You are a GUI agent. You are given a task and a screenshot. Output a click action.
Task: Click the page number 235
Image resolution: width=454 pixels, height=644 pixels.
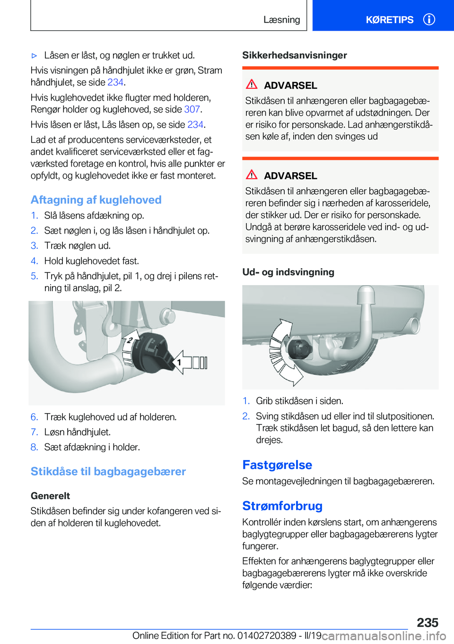click(x=428, y=622)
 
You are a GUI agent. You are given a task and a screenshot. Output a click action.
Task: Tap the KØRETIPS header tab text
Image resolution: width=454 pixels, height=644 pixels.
click(x=389, y=20)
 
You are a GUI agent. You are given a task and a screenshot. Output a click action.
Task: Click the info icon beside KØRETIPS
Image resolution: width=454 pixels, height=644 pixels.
click(x=429, y=19)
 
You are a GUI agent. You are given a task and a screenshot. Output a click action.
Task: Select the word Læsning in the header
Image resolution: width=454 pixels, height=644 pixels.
click(x=281, y=20)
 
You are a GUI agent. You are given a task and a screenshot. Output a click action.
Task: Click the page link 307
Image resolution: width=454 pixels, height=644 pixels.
click(x=192, y=109)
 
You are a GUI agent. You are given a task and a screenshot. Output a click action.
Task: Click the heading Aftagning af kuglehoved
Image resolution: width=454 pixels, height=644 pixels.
click(x=96, y=200)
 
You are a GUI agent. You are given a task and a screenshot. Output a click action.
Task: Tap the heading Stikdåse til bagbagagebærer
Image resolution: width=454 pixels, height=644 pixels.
click(x=108, y=471)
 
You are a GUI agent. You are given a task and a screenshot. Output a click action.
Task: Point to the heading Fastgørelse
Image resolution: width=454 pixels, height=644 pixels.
click(x=277, y=465)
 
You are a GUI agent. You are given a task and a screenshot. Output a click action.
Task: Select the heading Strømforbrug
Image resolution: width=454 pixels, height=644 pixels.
click(x=282, y=506)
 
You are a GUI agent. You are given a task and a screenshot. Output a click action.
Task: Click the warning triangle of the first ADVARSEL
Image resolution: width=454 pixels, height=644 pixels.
click(x=252, y=85)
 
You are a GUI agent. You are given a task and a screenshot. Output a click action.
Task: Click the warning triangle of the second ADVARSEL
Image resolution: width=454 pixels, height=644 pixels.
click(x=252, y=175)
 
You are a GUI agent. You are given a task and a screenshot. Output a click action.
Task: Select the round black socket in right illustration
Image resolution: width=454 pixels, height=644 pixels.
click(x=299, y=349)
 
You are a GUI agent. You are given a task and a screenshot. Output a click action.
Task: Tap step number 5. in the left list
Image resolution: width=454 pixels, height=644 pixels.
click(x=34, y=276)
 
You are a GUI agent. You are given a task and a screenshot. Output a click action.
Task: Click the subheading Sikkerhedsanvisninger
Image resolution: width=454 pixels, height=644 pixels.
click(x=295, y=55)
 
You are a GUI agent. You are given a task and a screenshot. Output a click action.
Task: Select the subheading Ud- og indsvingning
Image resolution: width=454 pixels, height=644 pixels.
click(x=288, y=272)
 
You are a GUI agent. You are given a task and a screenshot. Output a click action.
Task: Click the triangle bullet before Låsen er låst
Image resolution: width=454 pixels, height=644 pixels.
click(x=34, y=56)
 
